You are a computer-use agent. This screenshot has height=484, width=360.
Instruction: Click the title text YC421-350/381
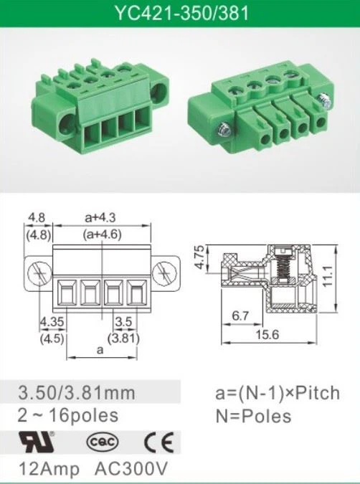point(182,13)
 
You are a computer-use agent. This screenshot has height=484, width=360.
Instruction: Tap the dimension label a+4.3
point(100,217)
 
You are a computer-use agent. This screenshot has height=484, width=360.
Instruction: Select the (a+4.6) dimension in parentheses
point(103,234)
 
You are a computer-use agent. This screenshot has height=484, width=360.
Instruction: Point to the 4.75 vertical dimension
point(200,257)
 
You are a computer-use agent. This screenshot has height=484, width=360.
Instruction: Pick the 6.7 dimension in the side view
point(240,315)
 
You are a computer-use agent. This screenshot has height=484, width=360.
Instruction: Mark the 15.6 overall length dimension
point(267,334)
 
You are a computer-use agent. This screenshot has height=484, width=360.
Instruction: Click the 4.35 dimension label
point(52,322)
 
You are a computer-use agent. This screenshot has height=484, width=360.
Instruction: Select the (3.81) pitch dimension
point(123,338)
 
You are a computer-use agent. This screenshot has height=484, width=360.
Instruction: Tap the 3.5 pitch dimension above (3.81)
point(124,322)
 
